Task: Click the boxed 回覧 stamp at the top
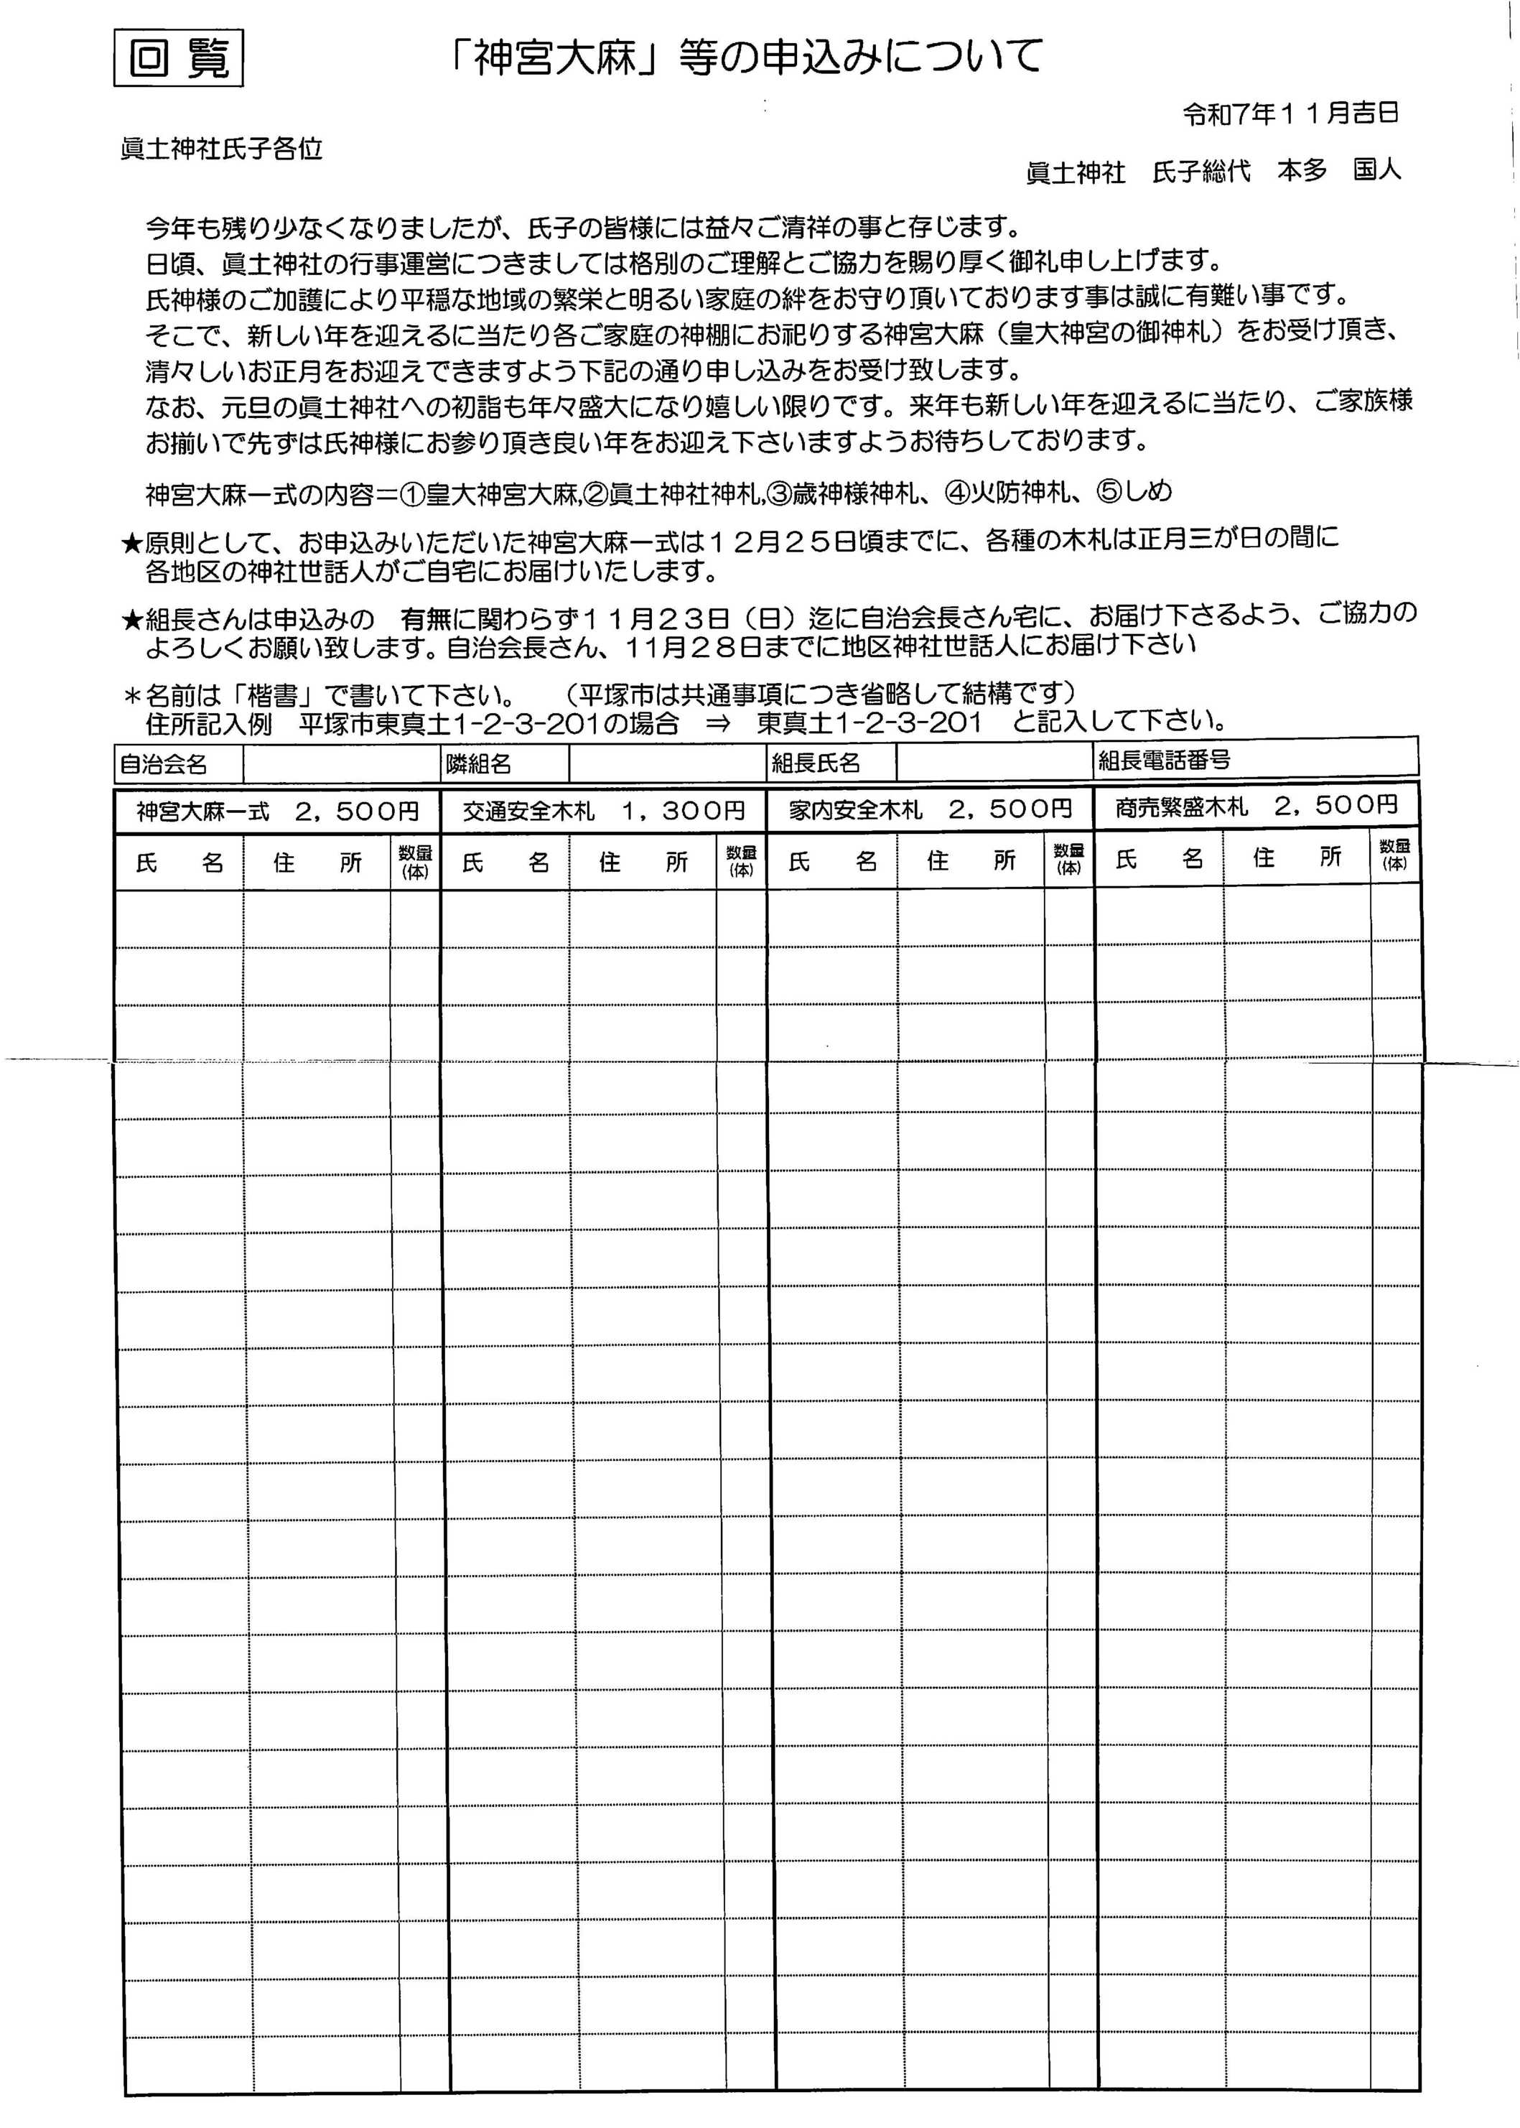click(x=178, y=59)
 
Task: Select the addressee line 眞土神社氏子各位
click(x=222, y=149)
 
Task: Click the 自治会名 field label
click(x=164, y=764)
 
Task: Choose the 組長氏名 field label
click(x=815, y=763)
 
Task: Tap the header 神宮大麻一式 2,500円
click(x=277, y=811)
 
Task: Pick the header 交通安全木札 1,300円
click(x=604, y=811)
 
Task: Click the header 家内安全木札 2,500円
click(x=929, y=809)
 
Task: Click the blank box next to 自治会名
click(x=342, y=765)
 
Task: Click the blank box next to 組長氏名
click(x=994, y=762)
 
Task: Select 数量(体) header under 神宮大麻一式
click(x=414, y=861)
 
